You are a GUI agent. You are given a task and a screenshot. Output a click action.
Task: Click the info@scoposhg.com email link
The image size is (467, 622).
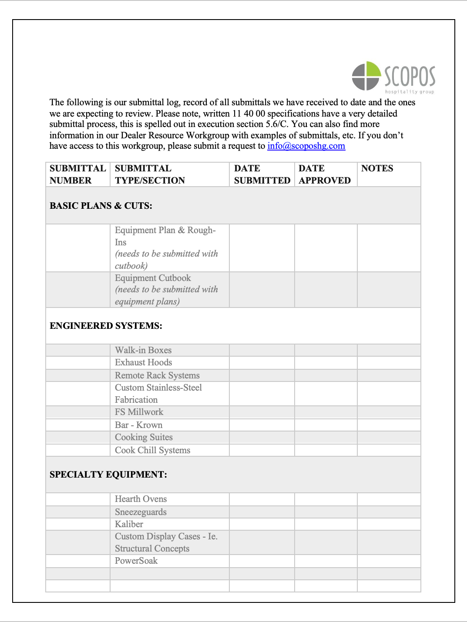(306, 146)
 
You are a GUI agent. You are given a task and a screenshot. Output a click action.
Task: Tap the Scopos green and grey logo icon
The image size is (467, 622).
(366, 76)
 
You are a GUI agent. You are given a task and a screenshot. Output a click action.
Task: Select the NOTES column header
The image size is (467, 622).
(377, 169)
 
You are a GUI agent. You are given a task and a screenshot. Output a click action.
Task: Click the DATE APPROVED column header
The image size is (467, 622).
(325, 174)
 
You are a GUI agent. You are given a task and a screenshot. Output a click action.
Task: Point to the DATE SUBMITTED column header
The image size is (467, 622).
(262, 174)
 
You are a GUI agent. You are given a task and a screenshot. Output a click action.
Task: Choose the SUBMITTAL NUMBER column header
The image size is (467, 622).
(77, 174)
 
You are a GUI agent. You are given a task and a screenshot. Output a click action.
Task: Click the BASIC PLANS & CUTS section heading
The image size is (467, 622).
(101, 206)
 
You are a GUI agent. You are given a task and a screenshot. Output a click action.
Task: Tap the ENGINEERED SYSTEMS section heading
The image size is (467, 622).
(106, 326)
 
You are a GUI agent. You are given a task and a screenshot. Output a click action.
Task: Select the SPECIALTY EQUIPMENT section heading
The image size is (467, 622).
(108, 475)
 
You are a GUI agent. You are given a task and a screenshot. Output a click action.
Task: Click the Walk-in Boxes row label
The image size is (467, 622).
(143, 350)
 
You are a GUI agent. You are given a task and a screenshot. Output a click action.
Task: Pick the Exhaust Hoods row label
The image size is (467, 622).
(143, 362)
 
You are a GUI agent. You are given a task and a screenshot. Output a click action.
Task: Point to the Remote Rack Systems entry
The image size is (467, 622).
(157, 375)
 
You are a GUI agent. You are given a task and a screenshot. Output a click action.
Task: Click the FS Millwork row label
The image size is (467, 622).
(139, 412)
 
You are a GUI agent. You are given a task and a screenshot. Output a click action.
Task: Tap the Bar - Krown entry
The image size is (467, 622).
(138, 425)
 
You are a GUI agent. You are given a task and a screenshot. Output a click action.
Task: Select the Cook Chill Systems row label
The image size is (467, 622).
(152, 450)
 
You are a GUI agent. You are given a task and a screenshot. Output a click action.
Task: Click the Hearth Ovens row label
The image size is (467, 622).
(141, 499)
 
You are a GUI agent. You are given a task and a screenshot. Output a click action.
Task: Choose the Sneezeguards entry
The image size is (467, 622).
(141, 512)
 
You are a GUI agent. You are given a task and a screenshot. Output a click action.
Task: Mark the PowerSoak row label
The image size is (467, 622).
(136, 561)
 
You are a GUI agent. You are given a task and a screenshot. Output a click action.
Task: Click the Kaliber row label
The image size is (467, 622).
(129, 524)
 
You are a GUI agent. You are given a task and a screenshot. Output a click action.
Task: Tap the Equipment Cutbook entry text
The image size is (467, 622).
(153, 278)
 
